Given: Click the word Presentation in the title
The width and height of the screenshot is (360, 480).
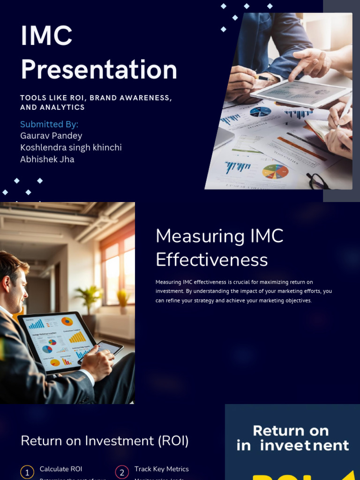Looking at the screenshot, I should (x=99, y=69).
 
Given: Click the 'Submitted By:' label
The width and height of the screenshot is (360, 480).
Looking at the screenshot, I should (x=49, y=124).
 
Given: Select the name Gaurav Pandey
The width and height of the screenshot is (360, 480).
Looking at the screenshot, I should (x=51, y=136).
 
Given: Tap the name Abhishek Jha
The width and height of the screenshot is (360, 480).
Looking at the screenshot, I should (x=47, y=159).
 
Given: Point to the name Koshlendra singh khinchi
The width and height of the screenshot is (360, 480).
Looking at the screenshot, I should (x=71, y=148).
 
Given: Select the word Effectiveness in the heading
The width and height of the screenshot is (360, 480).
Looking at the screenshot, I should (x=211, y=260).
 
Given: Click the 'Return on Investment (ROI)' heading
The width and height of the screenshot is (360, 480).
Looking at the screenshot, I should (x=105, y=441).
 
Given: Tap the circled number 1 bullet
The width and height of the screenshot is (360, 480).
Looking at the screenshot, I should (x=27, y=472).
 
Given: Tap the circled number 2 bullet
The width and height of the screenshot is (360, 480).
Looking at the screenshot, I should (x=122, y=472).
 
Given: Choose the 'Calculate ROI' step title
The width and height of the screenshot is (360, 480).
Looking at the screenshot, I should (x=61, y=469).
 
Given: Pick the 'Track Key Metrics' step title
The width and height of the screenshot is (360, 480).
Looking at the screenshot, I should (x=161, y=469).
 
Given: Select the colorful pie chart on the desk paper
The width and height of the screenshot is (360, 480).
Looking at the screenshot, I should (x=275, y=172).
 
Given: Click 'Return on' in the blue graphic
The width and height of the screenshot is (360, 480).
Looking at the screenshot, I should (x=291, y=430).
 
